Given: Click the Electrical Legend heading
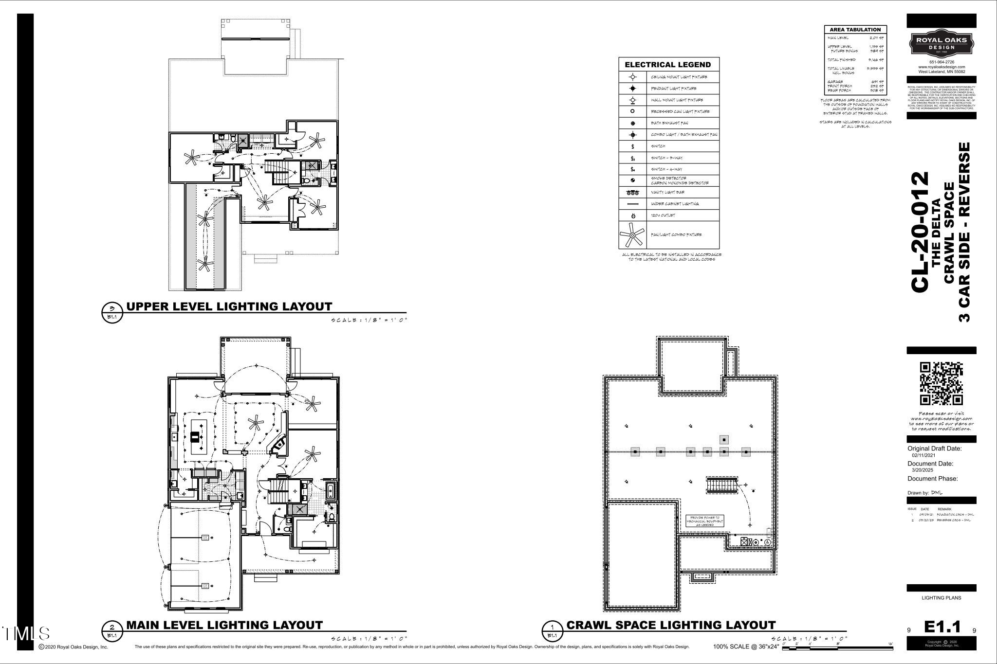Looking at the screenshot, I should click(667, 65).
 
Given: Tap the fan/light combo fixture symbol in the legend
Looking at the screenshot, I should click(632, 235).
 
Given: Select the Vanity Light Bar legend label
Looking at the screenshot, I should click(667, 192).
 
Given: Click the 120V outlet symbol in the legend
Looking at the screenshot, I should click(633, 215).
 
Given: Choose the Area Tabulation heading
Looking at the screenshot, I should click(855, 30).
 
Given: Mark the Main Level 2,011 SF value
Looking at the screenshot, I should click(877, 37).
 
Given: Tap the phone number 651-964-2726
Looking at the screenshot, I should click(942, 62).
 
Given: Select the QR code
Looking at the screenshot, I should click(941, 384).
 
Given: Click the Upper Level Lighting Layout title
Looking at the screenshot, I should click(229, 306).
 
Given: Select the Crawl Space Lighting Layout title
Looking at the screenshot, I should click(671, 625).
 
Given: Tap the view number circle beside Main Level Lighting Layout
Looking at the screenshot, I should click(112, 627).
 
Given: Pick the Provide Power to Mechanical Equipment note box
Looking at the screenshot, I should click(704, 521).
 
